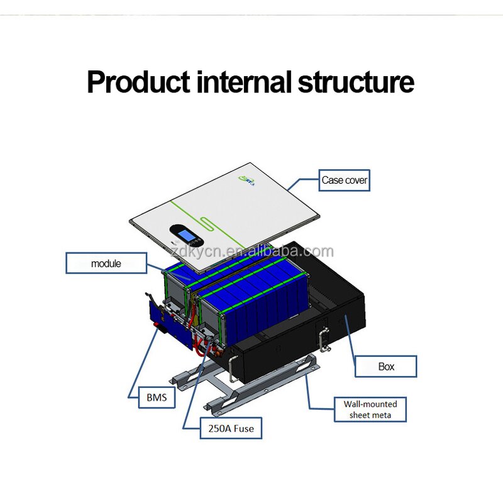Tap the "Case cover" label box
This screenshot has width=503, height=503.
(x=344, y=180)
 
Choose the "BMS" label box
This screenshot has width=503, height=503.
(x=157, y=398)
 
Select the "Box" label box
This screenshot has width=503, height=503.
(x=385, y=367)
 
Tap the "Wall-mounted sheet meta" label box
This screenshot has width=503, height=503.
(x=370, y=409)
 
